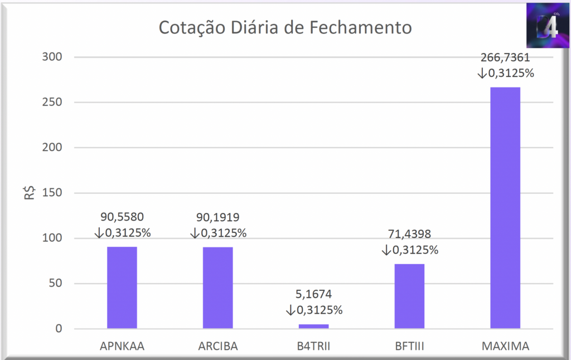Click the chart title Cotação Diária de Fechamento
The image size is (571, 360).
pos(285,27)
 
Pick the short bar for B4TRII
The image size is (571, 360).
pos(313,326)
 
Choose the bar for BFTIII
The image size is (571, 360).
pos(409,296)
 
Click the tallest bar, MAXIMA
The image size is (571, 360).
pos(505,207)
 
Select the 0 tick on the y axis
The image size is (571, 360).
pos(59,329)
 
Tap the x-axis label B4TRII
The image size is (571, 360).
pos(313,346)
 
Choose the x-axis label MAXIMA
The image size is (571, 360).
pos(505,346)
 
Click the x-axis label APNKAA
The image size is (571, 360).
pos(122,346)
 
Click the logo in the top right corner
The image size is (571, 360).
pos(547,26)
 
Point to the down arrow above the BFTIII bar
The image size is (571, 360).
pos(386,250)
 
